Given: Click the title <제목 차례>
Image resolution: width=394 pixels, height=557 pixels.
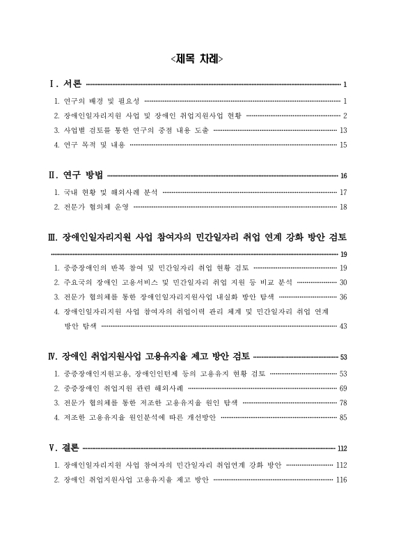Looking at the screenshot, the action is coord(197,59).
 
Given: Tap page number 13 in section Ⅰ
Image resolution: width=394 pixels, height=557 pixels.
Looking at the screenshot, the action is coord(342,130).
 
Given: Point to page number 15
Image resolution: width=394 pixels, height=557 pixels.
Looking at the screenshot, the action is coord(342,145).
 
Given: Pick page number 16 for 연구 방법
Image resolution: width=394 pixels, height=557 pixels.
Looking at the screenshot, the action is coord(343,175).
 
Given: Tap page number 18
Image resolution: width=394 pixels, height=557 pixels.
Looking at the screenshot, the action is coord(342,207).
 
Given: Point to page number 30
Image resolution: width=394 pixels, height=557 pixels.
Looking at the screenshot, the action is coord(342,282).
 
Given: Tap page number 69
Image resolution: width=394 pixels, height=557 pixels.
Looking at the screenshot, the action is coord(342,388).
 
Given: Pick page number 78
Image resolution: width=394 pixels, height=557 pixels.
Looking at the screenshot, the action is coord(342,402).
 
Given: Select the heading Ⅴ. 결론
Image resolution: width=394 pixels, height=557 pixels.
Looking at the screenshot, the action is coord(63,448).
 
